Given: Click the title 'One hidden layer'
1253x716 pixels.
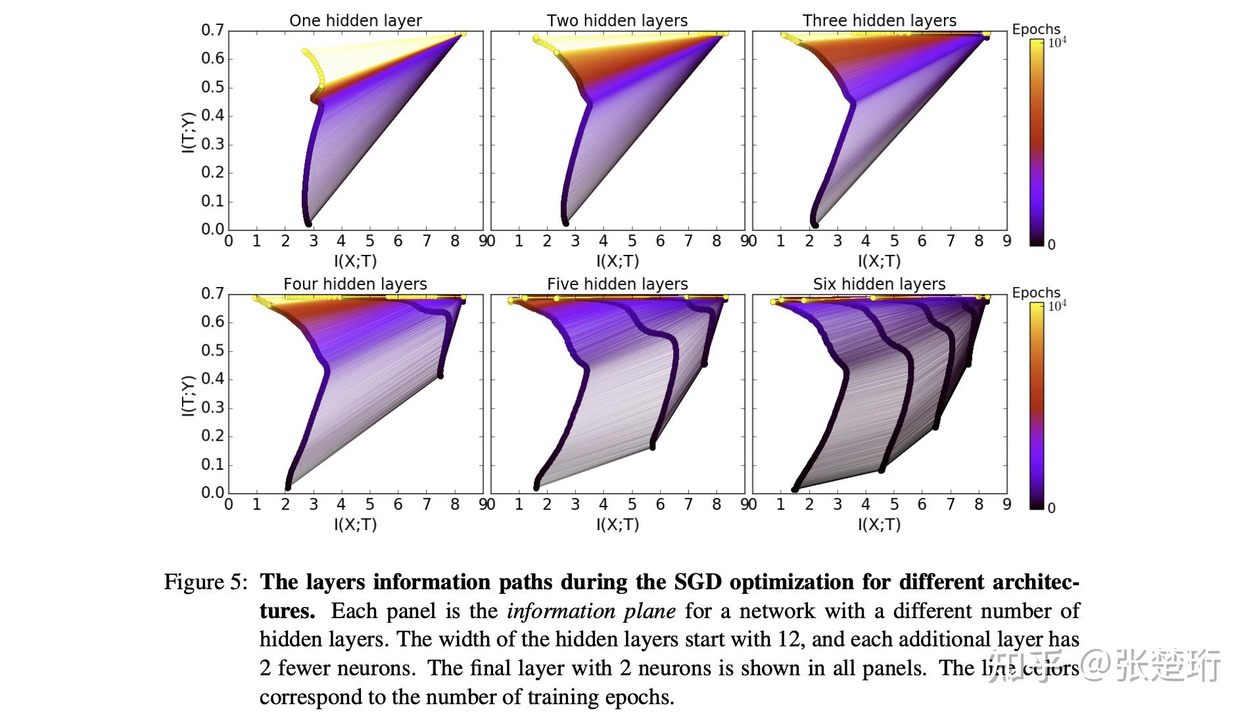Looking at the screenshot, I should pyautogui.click(x=355, y=20).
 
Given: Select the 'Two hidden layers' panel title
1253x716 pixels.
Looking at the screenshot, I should pyautogui.click(x=617, y=20).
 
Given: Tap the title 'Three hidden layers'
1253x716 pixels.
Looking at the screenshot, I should pyautogui.click(x=879, y=20).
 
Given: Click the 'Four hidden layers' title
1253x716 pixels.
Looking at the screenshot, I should pyautogui.click(x=355, y=284).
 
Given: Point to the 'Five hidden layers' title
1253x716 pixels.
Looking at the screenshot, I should pyautogui.click(x=617, y=284).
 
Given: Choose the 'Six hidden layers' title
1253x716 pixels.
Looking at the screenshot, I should pyautogui.click(x=879, y=284).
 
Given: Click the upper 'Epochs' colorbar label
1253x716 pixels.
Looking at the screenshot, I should pyautogui.click(x=1036, y=29).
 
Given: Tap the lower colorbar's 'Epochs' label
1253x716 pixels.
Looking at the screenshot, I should pyautogui.click(x=1036, y=292).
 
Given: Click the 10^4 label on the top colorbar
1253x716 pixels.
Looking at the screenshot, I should pyautogui.click(x=1056, y=42).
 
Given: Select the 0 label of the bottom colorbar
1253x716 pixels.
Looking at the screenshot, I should pyautogui.click(x=1051, y=508).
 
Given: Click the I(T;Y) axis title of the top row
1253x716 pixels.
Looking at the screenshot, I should pyautogui.click(x=188, y=133).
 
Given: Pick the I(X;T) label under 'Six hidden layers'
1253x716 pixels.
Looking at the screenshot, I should pyautogui.click(x=879, y=524).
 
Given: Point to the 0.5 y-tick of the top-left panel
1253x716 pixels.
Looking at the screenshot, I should pyautogui.click(x=212, y=87).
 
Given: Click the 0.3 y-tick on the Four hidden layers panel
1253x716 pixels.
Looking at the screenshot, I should pyautogui.click(x=212, y=407).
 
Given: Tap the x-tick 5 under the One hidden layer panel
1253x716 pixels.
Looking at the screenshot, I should pyautogui.click(x=369, y=241).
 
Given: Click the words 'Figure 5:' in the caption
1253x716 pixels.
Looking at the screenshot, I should pyautogui.click(x=205, y=582).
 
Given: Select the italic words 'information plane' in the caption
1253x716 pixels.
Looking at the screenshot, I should pyautogui.click(x=591, y=611).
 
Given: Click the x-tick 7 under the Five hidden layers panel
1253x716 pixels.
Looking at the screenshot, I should pyautogui.click(x=688, y=504).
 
